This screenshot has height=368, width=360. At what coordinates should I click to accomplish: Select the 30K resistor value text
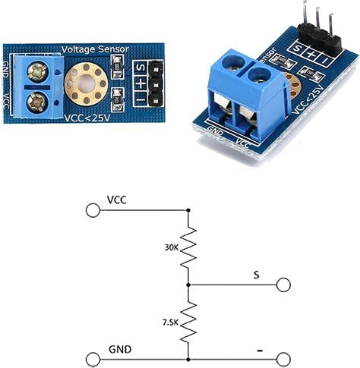[x=172, y=247]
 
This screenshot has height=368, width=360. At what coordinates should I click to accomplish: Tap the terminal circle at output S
[x=284, y=285]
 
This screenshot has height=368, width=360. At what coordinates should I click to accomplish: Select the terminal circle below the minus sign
[x=284, y=359]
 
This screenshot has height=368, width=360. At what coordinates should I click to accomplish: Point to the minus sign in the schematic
[x=260, y=350]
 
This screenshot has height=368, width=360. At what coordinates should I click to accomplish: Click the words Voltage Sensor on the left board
[x=94, y=49]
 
